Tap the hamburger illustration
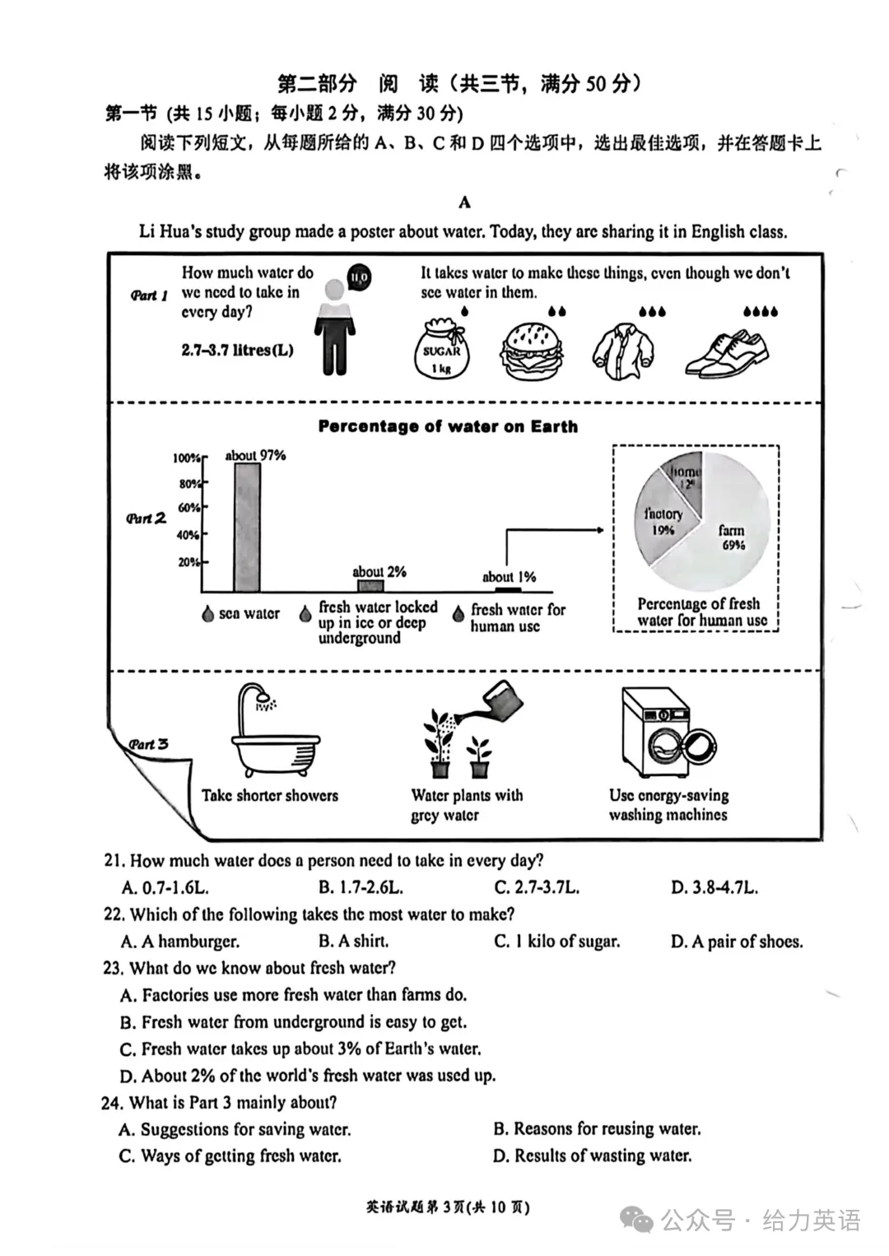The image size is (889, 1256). (x=531, y=351)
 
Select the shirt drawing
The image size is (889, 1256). (x=623, y=351)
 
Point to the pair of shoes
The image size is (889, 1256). (x=728, y=353)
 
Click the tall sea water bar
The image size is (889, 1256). (x=247, y=527)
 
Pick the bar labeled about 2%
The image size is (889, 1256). (x=370, y=586)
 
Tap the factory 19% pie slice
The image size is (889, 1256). (x=665, y=519)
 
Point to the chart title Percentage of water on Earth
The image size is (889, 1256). (x=448, y=426)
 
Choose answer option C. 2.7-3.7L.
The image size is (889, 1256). (x=537, y=887)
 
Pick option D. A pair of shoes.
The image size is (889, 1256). (x=737, y=942)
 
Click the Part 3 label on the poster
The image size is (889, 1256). (x=148, y=744)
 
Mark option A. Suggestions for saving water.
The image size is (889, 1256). (x=235, y=1128)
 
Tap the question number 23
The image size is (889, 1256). (x=114, y=969)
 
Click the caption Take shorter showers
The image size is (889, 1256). (x=270, y=796)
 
